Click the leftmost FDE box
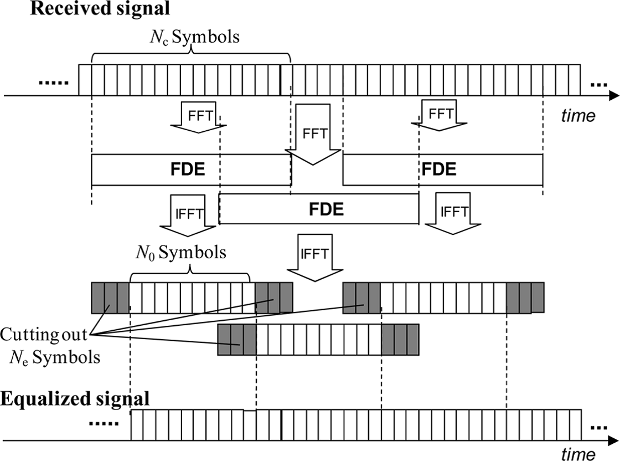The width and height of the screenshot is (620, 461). click(191, 170)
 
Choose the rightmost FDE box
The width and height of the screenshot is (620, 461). click(442, 170)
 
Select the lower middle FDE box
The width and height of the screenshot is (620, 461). click(319, 209)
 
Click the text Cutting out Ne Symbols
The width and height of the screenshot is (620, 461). click(50, 345)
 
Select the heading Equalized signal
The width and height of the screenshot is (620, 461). click(75, 399)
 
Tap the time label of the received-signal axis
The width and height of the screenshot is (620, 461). click(578, 116)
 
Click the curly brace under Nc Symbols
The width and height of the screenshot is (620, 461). click(192, 55)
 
